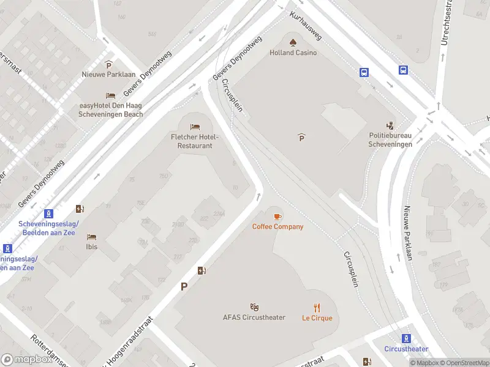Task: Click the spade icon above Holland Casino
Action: coord(293,42)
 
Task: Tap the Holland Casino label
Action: coord(293,53)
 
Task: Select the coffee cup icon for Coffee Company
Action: coord(277,217)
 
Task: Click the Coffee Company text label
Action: coord(277,227)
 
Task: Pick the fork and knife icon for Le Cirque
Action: coord(317,307)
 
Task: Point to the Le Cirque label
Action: coord(317,318)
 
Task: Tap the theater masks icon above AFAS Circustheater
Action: coord(254,306)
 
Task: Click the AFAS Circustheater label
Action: coord(254,317)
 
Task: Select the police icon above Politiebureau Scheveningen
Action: coord(390,125)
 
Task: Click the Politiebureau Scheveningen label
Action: coord(390,140)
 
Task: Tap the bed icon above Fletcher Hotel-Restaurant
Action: coord(195,127)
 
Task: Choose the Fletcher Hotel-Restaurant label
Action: coord(195,141)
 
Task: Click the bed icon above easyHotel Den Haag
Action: coord(110,95)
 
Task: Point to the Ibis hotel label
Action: coord(91,247)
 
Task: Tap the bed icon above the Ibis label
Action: coord(91,237)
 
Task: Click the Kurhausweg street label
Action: coord(306,26)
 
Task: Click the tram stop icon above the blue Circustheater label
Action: coord(406,338)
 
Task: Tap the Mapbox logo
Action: coord(27,360)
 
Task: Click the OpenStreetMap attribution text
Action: coord(461,363)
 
